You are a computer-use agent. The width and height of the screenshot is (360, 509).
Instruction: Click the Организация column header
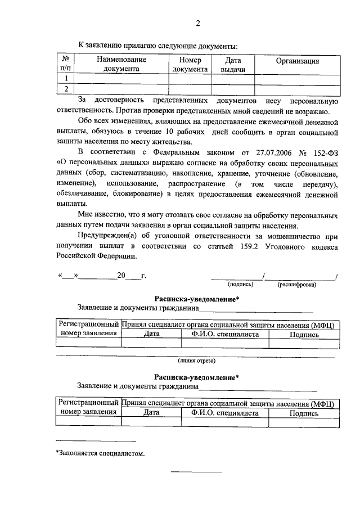click(297, 61)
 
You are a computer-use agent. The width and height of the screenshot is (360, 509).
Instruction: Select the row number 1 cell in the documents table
click(66, 79)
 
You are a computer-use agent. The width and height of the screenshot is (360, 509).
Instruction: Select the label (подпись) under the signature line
click(240, 285)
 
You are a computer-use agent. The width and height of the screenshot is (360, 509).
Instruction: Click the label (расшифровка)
click(296, 285)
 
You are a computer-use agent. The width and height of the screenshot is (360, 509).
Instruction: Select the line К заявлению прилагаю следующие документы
click(158, 45)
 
